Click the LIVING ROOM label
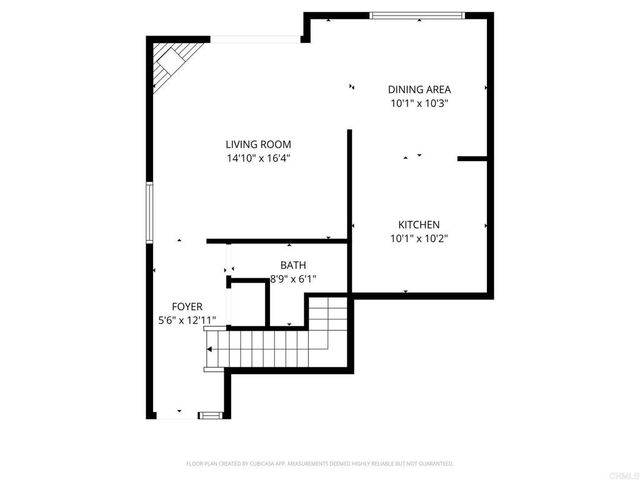coord(258,144)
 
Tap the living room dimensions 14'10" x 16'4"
coord(258,157)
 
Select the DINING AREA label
coord(420,89)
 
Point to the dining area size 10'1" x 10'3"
coord(420,102)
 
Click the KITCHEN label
coord(419,225)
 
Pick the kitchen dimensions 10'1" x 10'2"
coord(419,238)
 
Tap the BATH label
coord(293,266)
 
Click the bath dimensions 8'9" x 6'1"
coord(293,280)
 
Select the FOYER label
coord(187,307)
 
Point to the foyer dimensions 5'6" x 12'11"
coord(187,321)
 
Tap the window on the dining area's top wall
coord(416,15)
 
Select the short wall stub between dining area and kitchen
coord(472,158)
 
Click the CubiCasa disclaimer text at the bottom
coord(320,464)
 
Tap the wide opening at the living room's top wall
coord(255,40)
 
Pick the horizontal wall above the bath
coord(275,241)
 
